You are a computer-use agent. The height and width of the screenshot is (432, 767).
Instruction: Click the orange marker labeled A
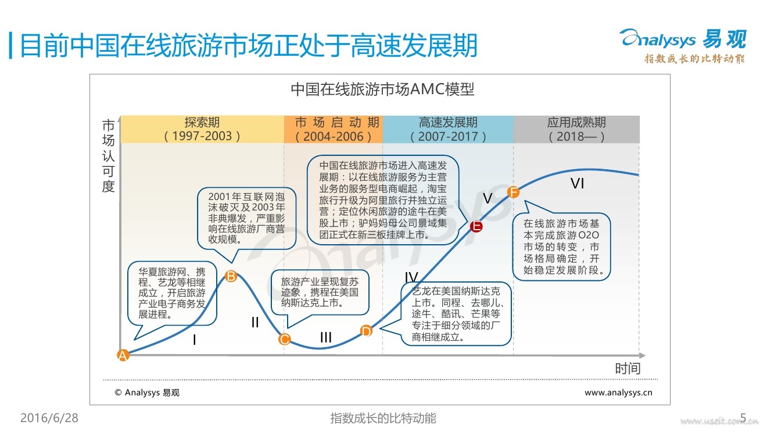click(123, 355)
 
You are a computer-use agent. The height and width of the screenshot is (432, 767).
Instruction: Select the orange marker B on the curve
click(231, 276)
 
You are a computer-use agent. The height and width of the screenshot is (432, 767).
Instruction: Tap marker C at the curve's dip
click(284, 339)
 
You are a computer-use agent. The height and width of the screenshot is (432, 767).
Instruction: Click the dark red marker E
click(476, 226)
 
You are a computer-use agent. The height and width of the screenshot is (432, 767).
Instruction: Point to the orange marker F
click(513, 192)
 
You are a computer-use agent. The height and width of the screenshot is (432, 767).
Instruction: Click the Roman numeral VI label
click(577, 184)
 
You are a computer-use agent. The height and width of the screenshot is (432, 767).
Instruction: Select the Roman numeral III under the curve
click(326, 337)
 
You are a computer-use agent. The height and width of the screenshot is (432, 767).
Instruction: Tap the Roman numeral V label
click(488, 199)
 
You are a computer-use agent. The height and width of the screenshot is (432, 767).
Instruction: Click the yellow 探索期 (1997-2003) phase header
click(202, 129)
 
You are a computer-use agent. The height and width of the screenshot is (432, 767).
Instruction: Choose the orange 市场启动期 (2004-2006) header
click(334, 129)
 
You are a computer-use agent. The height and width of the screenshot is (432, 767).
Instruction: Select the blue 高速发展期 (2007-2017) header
click(448, 129)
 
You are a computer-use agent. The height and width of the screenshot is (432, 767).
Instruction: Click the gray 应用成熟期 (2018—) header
click(576, 129)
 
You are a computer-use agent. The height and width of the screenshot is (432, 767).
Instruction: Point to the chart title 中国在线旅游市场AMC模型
click(382, 90)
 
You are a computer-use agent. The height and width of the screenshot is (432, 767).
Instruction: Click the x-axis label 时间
click(628, 368)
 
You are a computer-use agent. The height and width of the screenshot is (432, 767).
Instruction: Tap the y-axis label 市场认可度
click(109, 156)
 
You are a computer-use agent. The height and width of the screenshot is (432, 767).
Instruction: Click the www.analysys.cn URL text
click(618, 392)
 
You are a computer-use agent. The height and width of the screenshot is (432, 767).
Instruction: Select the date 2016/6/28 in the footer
click(49, 418)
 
